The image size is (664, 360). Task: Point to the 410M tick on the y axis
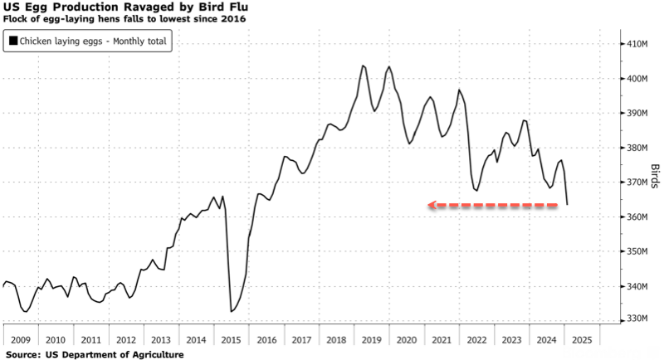[636, 43]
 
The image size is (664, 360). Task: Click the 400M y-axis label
[636, 78]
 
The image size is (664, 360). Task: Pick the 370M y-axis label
[636, 182]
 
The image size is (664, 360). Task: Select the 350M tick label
[636, 251]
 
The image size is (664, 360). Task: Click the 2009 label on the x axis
[21, 340]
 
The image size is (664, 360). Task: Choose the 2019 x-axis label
[371, 340]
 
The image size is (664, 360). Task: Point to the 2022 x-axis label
[477, 340]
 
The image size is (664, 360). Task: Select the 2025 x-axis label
[582, 340]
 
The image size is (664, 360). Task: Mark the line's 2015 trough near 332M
[231, 311]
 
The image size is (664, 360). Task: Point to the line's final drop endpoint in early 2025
[567, 204]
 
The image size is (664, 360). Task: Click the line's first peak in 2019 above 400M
[364, 66]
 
